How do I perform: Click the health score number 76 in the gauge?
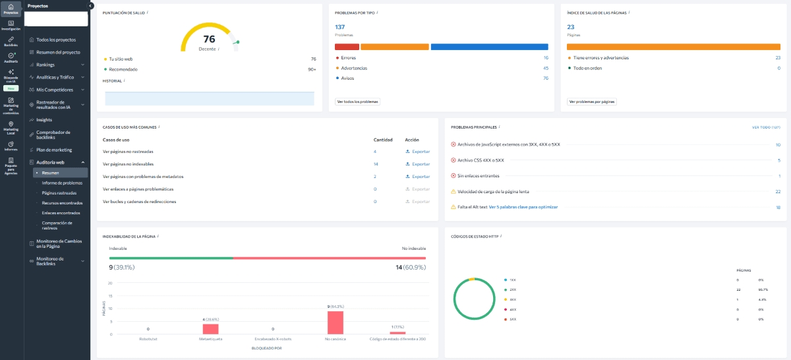209,39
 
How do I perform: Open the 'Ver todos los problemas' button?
358,102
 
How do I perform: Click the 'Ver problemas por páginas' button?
591,102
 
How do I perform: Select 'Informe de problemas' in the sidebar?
62,183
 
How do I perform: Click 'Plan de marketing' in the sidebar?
54,150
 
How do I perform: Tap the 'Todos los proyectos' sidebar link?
56,40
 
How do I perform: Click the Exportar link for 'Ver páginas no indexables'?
417,164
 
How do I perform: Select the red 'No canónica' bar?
335,322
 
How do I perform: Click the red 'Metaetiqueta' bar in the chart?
210,329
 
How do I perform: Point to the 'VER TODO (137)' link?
766,127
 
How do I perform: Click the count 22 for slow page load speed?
778,192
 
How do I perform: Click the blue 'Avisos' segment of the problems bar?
489,47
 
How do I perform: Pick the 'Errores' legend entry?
349,58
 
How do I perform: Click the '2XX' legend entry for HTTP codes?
513,290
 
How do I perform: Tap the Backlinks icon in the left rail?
11,41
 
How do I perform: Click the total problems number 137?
340,26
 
